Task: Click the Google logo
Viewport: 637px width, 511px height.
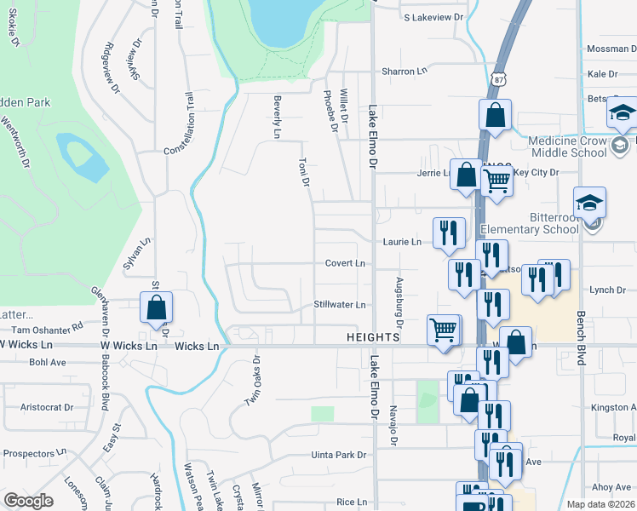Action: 28,501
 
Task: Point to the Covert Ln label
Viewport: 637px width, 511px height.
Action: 345,263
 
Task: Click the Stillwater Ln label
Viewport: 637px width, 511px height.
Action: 339,304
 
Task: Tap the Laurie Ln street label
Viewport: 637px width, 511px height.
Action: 402,242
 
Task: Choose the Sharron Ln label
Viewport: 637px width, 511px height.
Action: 404,72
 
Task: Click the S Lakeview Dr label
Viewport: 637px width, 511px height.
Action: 433,17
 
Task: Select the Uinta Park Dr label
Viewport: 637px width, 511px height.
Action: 338,456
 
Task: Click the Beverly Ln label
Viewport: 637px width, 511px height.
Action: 277,117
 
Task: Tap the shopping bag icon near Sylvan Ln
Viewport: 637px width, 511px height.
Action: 157,307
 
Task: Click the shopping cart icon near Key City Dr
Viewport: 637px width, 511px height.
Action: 496,180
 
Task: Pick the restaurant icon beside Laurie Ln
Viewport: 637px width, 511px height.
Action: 448,233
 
